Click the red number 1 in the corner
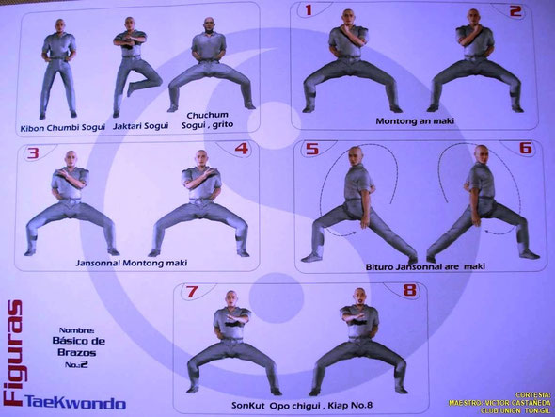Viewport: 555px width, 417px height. (x=309, y=10)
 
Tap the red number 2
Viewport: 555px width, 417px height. (x=515, y=11)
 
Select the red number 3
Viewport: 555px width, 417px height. (x=33, y=153)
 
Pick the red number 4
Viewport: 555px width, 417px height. (x=242, y=149)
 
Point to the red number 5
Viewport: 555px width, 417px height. (x=312, y=149)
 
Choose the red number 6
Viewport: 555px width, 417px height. (x=526, y=148)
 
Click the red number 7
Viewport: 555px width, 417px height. (x=192, y=292)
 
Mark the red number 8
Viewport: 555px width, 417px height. (x=409, y=290)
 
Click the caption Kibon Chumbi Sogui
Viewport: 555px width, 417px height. (x=63, y=128)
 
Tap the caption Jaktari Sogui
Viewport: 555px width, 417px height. (x=140, y=126)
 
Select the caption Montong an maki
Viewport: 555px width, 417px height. (x=415, y=121)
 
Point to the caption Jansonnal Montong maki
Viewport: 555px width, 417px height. (x=132, y=263)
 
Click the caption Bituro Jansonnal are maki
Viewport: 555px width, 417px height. (x=425, y=266)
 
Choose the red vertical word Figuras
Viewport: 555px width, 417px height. (x=12, y=352)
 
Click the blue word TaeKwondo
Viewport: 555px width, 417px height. (x=75, y=403)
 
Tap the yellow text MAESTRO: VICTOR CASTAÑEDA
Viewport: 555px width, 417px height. (x=499, y=403)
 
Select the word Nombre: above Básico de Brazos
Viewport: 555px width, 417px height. (x=77, y=330)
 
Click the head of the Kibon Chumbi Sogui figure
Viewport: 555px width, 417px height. (x=60, y=25)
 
